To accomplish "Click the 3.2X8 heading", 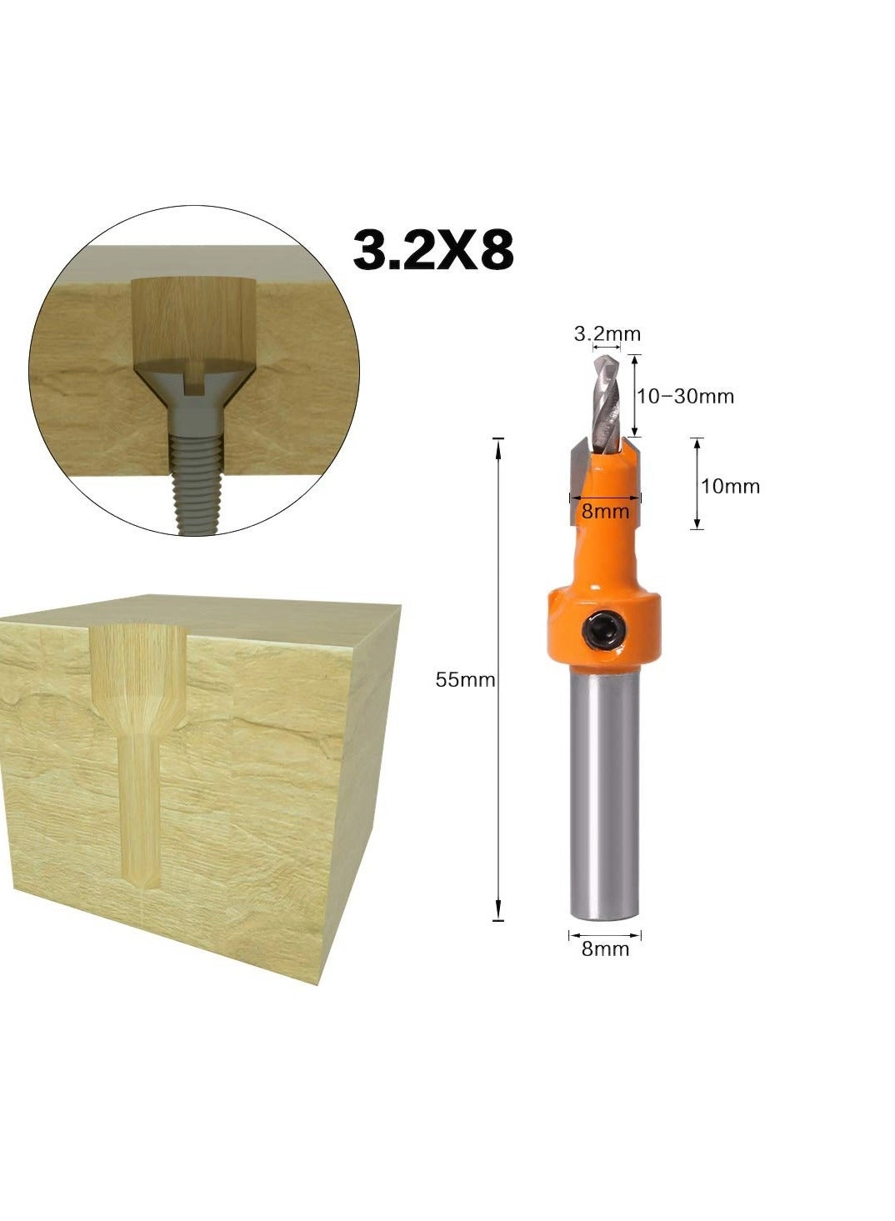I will (x=433, y=250).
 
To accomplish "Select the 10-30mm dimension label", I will (x=686, y=396).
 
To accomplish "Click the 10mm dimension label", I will (x=730, y=486).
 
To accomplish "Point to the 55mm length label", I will (x=465, y=680).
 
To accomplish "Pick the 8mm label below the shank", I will (x=605, y=948).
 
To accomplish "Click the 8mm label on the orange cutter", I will (x=605, y=511).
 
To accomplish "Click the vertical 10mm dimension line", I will (x=697, y=483).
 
